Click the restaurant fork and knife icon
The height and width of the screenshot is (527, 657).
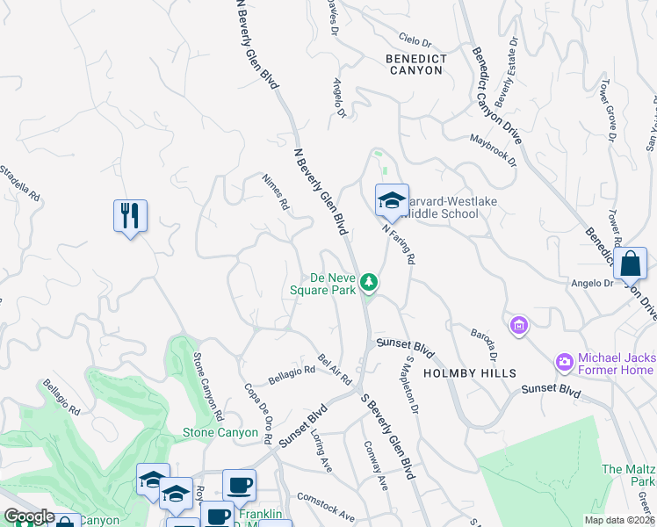pyautogui.click(x=130, y=215)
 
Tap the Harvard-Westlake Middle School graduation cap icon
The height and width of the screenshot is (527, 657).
pyautogui.click(x=392, y=201)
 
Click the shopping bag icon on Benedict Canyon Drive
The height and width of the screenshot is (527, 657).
pyautogui.click(x=630, y=263)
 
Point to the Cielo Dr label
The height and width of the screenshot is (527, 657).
pyautogui.click(x=415, y=41)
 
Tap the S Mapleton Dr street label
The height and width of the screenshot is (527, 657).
pyautogui.click(x=411, y=384)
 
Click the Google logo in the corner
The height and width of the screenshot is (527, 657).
pyautogui.click(x=29, y=517)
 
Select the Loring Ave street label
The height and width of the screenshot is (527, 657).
pyautogui.click(x=322, y=451)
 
